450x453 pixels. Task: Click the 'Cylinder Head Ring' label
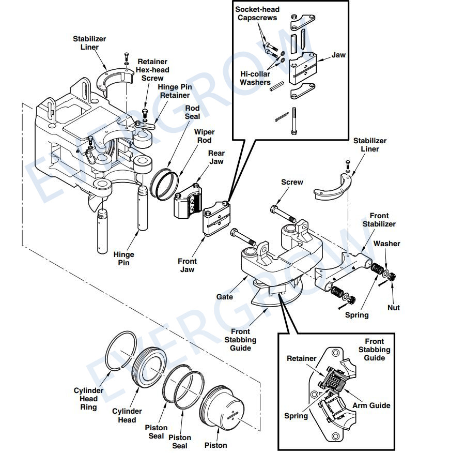pos(88,399)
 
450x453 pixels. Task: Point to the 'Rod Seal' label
pos(192,112)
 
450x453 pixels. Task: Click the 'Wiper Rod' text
pos(204,136)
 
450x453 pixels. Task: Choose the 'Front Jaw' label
pos(187,265)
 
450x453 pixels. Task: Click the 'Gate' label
pos(224,297)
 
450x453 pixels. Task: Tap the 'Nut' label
pos(393,308)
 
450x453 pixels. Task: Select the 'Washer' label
pos(386,244)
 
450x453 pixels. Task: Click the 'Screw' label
pos(292,182)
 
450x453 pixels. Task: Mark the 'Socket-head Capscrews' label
pos(257,14)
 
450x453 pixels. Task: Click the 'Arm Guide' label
pos(371,405)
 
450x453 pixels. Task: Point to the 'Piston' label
pos(215,445)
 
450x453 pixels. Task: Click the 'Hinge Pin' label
pos(123,259)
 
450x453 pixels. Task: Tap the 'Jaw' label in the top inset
pos(338,55)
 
